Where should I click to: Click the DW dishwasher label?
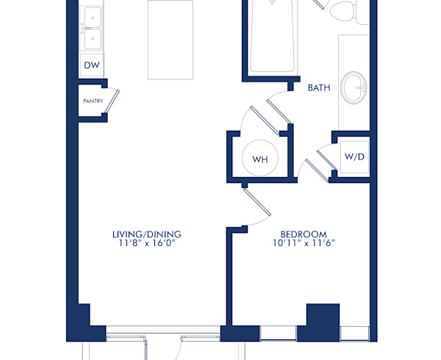coord(91,66)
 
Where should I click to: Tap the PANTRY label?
coord(92,101)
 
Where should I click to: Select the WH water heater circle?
coord(259,159)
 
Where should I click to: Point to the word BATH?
coord(318,87)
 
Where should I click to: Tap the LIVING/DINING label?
coord(146,234)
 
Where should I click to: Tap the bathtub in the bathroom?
coord(273,37)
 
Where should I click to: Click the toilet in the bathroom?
coord(343,11)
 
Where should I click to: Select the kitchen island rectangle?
coord(171,40)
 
